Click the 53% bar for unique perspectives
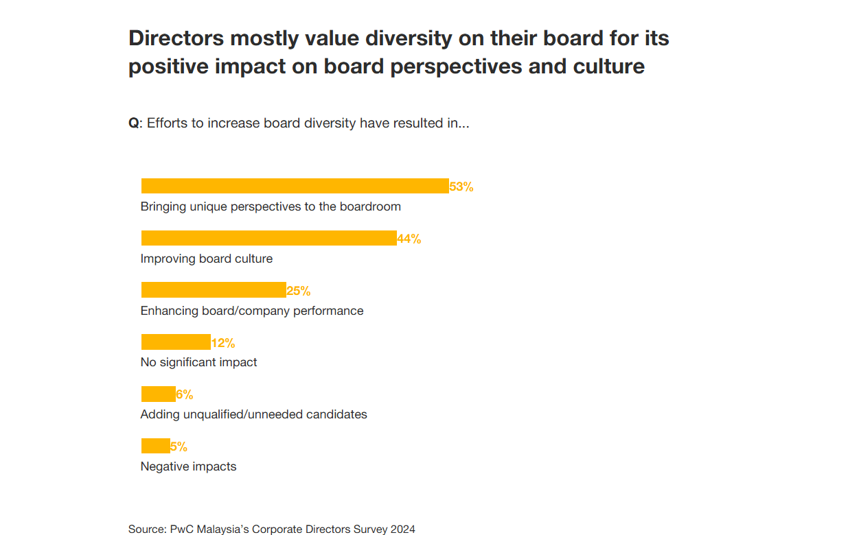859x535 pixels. (x=295, y=186)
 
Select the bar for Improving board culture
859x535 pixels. (x=268, y=238)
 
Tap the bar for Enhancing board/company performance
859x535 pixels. (x=213, y=289)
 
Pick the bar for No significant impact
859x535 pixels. (x=176, y=342)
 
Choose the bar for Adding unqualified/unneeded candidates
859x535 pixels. (x=158, y=394)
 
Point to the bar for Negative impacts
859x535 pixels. (x=155, y=446)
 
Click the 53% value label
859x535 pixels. (x=461, y=187)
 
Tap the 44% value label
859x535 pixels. (x=409, y=239)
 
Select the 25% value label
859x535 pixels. (x=299, y=291)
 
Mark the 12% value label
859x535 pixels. (x=223, y=343)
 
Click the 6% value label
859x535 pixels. (x=185, y=395)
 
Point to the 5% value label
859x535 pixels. (x=179, y=447)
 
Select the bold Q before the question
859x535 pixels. (x=133, y=123)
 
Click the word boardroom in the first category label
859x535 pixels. (x=369, y=206)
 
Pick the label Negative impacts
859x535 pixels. (x=188, y=466)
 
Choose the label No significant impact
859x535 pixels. (x=198, y=362)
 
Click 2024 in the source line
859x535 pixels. (x=402, y=529)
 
